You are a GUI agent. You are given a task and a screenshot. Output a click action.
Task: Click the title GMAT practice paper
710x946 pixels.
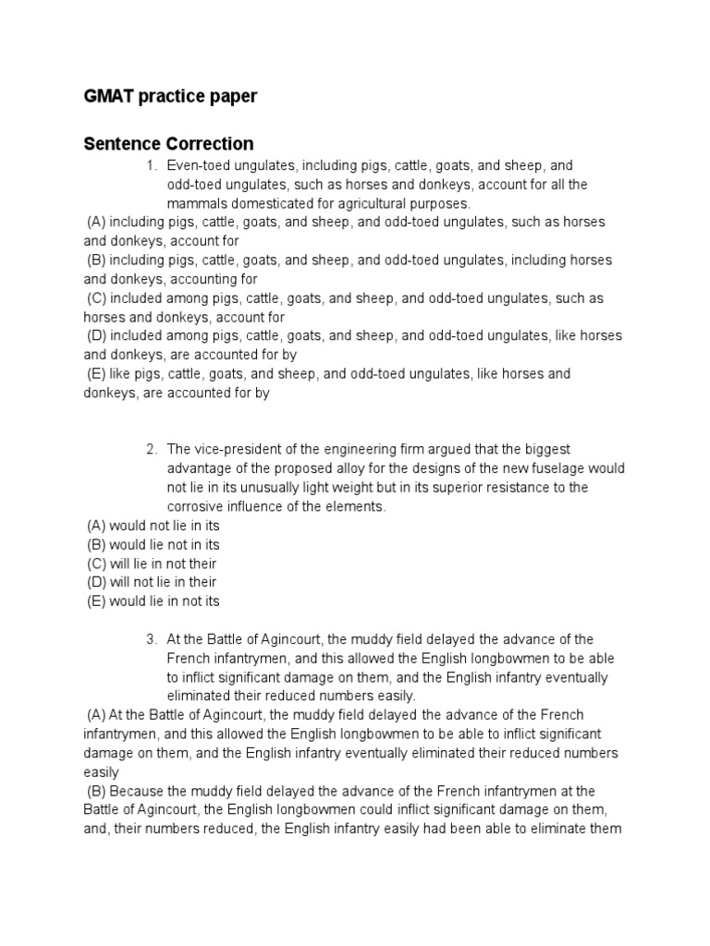[x=170, y=97]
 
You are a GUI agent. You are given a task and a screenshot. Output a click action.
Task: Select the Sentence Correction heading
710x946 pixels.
[x=168, y=143]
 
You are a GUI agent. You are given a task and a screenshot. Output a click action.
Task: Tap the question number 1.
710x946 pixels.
[x=151, y=165]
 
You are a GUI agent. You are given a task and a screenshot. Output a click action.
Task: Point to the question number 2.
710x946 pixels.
[x=151, y=449]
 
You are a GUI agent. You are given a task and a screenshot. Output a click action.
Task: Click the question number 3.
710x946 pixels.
[x=151, y=639]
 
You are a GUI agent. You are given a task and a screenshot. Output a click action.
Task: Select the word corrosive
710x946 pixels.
[x=199, y=506]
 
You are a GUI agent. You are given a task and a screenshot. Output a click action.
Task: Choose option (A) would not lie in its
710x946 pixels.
[x=153, y=526]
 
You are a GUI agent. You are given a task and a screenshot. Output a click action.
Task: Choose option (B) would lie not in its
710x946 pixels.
[x=153, y=545]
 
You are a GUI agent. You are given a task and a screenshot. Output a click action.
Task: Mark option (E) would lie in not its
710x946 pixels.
[x=153, y=601]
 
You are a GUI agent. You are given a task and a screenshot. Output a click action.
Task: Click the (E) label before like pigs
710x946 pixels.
[x=97, y=374]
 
